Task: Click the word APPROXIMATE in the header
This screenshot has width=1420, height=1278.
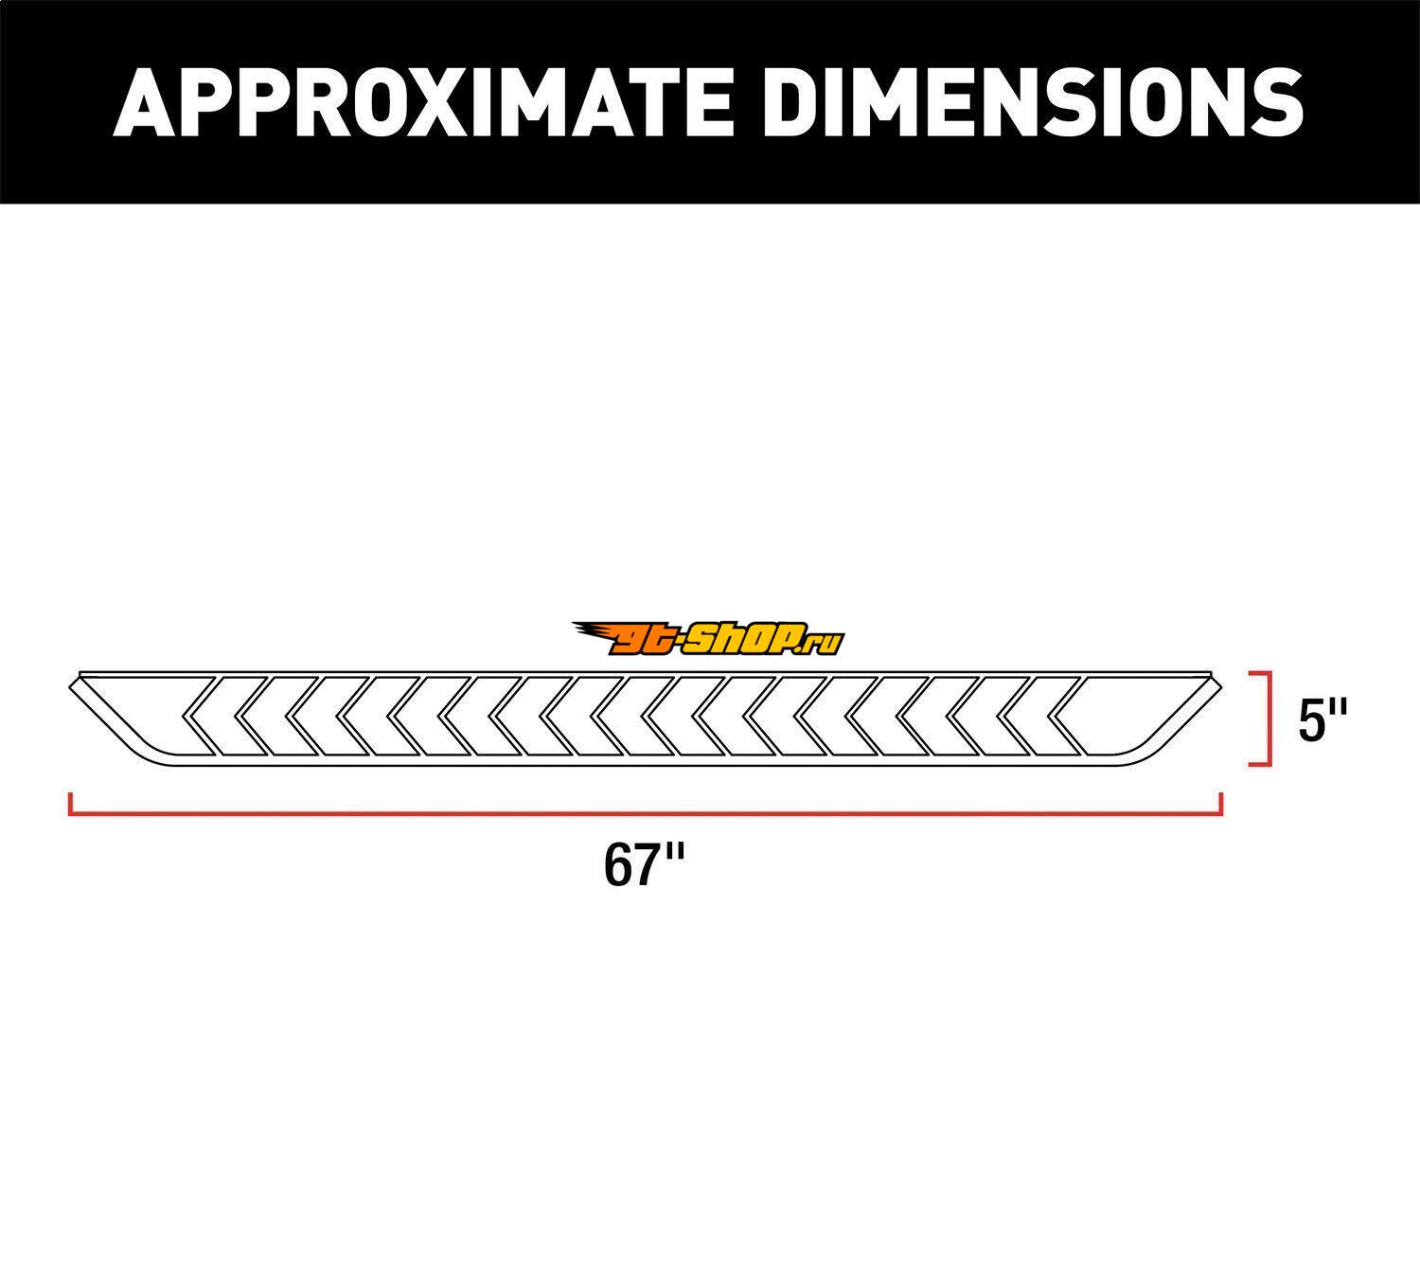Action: click(422, 103)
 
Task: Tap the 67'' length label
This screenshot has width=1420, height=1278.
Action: click(644, 866)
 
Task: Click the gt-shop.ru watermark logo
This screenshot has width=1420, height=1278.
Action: click(708, 638)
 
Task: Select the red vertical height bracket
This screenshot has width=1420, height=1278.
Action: click(1267, 718)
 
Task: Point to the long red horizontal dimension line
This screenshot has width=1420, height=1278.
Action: click(646, 814)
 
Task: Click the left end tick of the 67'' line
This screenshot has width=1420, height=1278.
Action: click(70, 805)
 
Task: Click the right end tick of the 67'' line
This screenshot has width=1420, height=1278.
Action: click(1221, 805)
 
